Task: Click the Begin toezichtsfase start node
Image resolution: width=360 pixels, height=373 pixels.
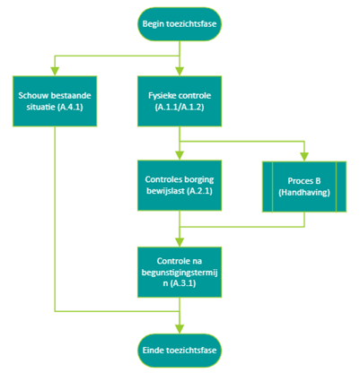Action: [180, 24]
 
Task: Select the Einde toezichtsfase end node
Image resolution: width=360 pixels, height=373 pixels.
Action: [180, 351]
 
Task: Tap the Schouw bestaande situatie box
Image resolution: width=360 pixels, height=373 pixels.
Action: [55, 101]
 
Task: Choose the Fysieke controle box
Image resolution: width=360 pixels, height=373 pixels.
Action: [180, 101]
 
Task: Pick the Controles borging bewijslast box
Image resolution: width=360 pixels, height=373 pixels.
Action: [180, 186]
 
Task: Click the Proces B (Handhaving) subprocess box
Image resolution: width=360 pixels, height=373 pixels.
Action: [304, 186]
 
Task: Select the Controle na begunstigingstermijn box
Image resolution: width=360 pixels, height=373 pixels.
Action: [180, 272]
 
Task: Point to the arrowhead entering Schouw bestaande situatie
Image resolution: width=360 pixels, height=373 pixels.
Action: [55, 72]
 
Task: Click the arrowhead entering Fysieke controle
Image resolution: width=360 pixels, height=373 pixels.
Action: [180, 72]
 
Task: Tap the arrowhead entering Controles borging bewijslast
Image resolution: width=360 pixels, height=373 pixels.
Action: [180, 156]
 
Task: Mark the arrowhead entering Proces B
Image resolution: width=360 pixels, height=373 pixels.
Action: [304, 157]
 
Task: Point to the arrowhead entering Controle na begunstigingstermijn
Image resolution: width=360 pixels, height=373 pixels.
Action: [180, 242]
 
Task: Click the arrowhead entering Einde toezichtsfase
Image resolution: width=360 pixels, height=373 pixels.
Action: [180, 329]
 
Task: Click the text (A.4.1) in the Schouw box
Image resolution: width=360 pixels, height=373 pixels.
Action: [70, 107]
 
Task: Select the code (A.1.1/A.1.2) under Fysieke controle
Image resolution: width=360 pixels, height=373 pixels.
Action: [180, 107]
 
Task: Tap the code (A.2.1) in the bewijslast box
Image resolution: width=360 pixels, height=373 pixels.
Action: [200, 191]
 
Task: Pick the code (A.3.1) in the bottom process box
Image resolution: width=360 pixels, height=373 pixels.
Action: [183, 283]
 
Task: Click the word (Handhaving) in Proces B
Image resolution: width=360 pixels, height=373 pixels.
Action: [304, 193]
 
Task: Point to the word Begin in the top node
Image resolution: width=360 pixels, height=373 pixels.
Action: [153, 24]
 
